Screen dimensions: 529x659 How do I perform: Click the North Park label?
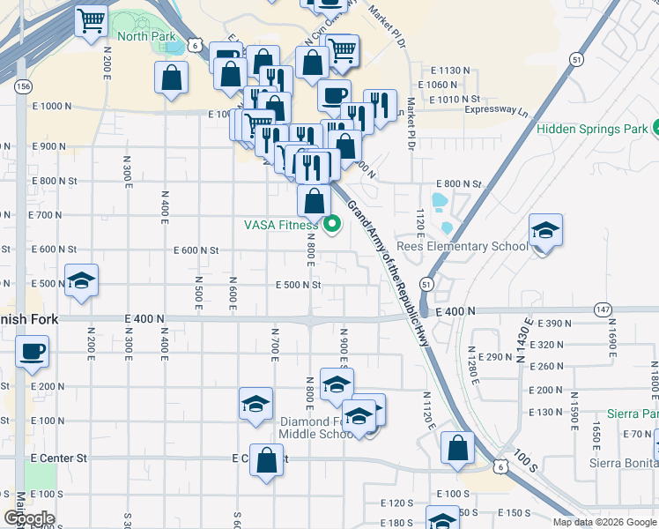click(x=146, y=36)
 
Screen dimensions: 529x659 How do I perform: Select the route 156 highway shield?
click(x=23, y=86)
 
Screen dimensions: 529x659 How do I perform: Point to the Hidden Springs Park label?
click(x=592, y=129)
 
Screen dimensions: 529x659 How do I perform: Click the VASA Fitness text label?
click(x=280, y=225)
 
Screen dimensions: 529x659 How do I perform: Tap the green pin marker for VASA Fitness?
click(x=332, y=226)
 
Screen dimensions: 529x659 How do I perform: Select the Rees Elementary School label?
click(x=462, y=246)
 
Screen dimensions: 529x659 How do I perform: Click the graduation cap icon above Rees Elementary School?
click(x=545, y=232)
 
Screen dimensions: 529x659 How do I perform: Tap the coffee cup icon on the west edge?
click(x=32, y=352)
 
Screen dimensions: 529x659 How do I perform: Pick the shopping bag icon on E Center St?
click(x=267, y=461)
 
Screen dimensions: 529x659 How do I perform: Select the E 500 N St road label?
click(x=298, y=285)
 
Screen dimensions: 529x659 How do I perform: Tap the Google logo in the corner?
click(x=29, y=518)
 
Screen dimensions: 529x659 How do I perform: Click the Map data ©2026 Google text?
click(x=605, y=522)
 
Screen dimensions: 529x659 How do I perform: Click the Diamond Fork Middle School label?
click(x=317, y=428)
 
